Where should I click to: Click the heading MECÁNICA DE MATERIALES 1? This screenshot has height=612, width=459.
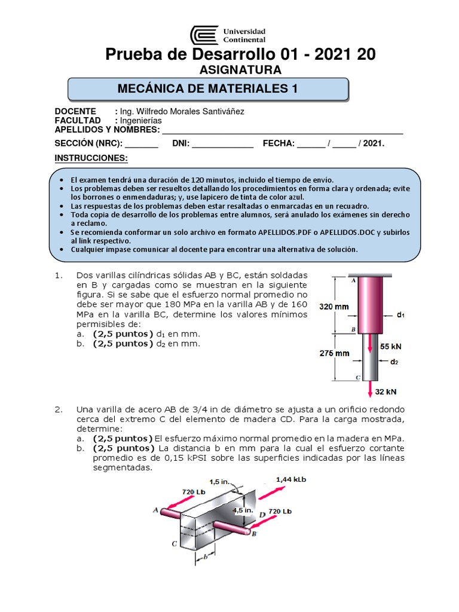click(x=207, y=89)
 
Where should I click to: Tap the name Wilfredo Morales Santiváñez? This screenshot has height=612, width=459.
click(x=191, y=111)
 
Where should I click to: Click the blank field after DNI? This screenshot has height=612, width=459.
click(x=223, y=143)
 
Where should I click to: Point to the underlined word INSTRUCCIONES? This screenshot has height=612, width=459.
click(x=91, y=158)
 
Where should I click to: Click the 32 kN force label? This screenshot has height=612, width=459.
click(x=386, y=391)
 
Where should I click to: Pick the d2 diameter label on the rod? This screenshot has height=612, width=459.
click(x=394, y=362)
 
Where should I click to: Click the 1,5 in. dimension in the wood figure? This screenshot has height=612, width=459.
click(x=219, y=481)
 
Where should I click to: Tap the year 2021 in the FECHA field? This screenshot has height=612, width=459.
click(x=372, y=143)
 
